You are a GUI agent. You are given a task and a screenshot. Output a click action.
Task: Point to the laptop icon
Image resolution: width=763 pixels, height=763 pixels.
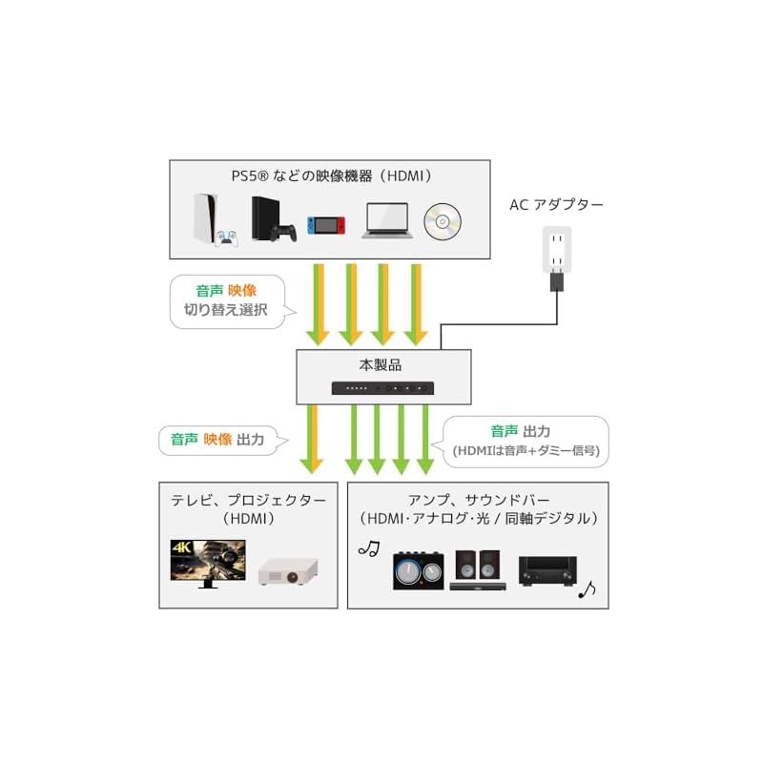386,220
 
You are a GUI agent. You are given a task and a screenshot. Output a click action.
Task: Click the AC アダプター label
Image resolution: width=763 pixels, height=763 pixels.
557,204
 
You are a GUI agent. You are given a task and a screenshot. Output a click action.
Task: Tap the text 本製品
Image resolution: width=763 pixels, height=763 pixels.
384,364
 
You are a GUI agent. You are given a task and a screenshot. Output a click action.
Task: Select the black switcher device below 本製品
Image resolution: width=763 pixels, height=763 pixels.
384,388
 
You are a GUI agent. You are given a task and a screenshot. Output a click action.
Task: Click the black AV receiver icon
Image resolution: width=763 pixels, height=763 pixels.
546,571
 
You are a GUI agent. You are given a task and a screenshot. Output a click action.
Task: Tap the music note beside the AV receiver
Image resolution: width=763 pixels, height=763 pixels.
587,590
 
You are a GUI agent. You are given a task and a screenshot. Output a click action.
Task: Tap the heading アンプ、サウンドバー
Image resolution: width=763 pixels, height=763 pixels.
478,500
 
